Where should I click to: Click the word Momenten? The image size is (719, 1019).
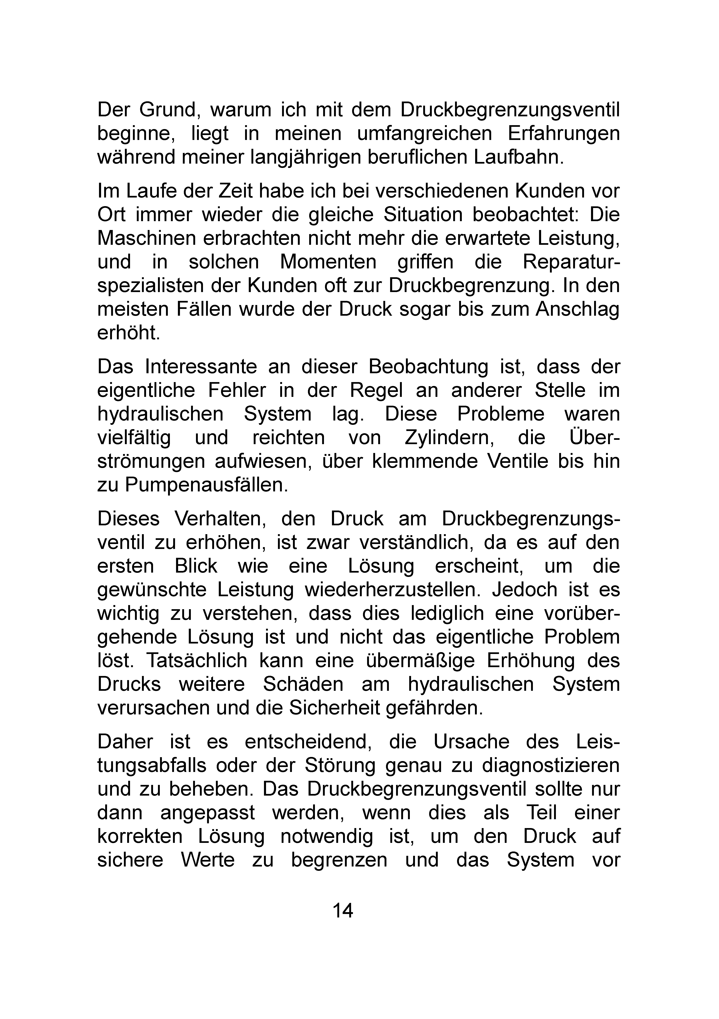(x=328, y=262)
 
